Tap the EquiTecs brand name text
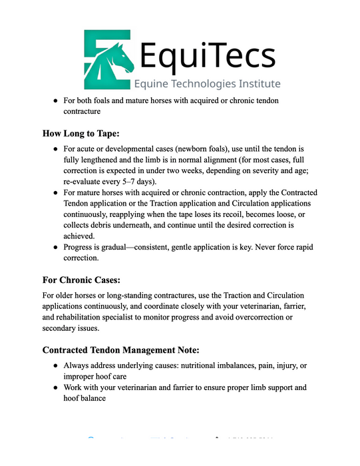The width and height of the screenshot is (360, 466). coord(204,56)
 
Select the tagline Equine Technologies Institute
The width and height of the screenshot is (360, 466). coord(207,84)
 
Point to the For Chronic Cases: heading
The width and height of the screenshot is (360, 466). coord(81,280)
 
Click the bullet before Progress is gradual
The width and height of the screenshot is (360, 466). coord(56,248)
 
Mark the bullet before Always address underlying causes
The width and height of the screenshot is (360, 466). coord(56,366)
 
